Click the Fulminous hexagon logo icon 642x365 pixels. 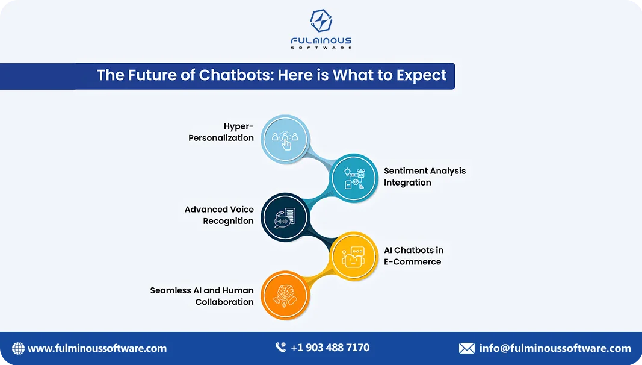pos(321,20)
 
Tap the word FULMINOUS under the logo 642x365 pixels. pos(321,40)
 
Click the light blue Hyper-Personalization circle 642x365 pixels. pos(285,138)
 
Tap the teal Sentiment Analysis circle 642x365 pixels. pos(354,178)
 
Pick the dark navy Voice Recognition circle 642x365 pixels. pos(285,217)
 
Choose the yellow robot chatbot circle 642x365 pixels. pos(354,257)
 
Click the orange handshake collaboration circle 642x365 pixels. pos(285,295)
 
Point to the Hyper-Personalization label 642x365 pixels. pos(221,132)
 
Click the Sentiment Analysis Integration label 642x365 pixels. pos(425,176)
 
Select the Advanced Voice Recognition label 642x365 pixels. pos(219,215)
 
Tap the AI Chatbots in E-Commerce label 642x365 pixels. pos(413,256)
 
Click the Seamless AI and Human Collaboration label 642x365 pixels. pos(202,296)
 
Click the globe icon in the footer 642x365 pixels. pos(18,348)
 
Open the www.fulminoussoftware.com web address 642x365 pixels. pos(97,349)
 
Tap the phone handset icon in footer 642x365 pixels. pos(280,348)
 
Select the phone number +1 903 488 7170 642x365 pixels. pos(330,348)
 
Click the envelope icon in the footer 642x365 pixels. pos(467,348)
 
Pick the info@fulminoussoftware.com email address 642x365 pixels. pos(555,348)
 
